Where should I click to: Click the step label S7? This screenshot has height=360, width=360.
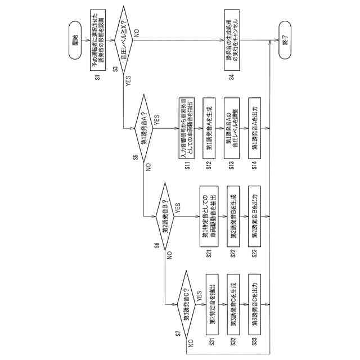point(178,334)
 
